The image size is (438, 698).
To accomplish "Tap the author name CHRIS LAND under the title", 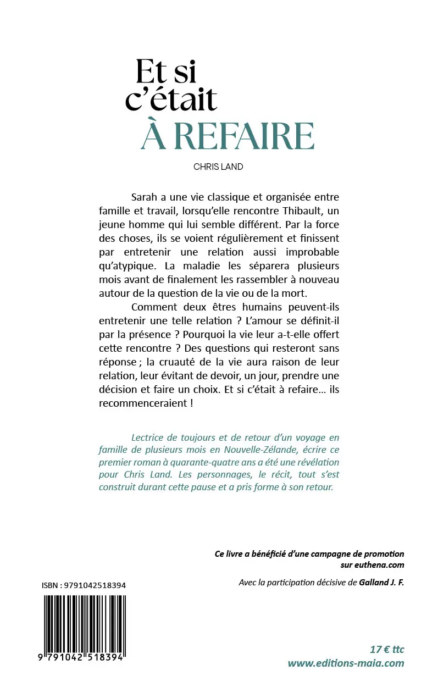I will tap(218, 167).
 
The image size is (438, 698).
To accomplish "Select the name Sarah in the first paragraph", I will tap(145, 197).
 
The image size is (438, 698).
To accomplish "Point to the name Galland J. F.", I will tap(381, 583).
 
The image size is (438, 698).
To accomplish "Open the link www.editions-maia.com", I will tap(346, 663).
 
